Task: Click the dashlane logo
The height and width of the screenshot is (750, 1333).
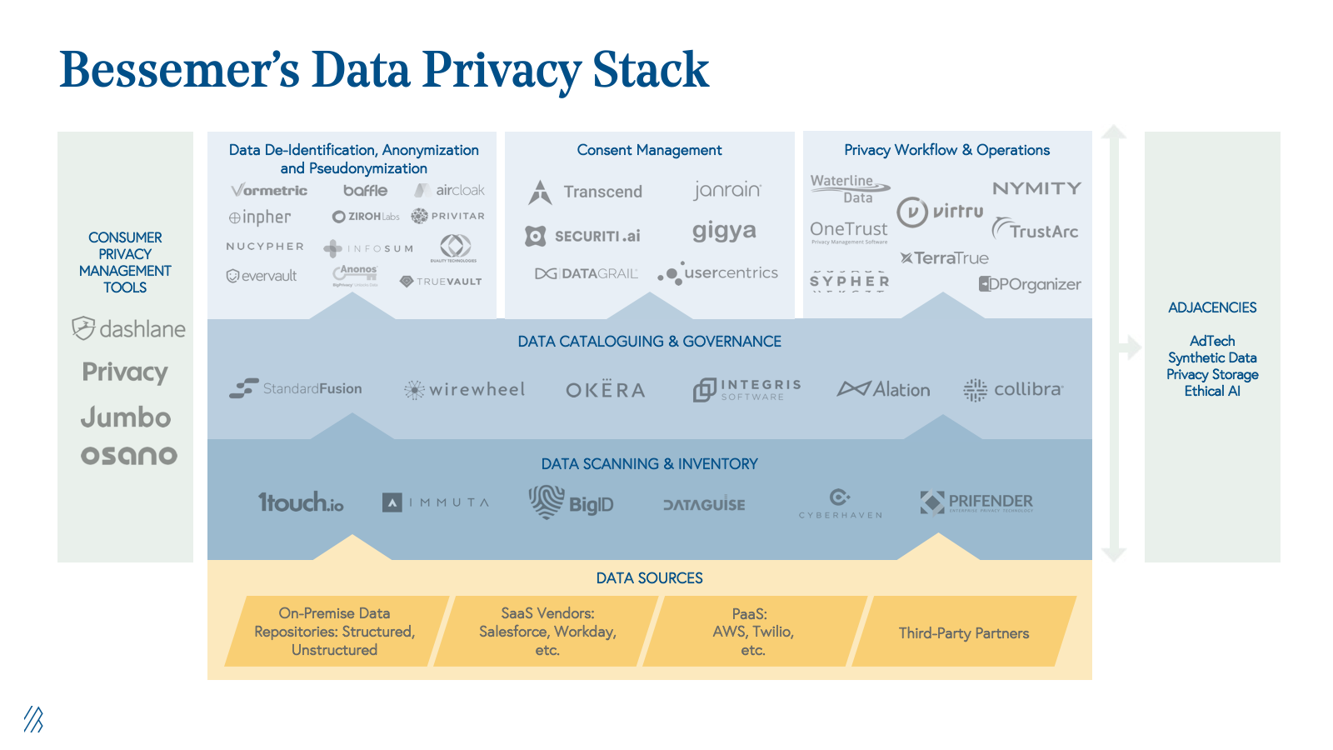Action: [x=129, y=329]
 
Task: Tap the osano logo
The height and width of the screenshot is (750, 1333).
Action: [x=129, y=455]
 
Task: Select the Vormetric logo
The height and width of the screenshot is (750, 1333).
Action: [x=269, y=191]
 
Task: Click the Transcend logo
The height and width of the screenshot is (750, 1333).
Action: [x=586, y=192]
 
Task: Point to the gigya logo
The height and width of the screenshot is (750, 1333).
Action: [x=724, y=231]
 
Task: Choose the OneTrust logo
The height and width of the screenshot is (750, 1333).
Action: [x=849, y=230]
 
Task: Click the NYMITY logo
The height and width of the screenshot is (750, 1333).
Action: [x=1036, y=188]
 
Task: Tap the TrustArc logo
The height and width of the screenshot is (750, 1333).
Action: [x=1035, y=230]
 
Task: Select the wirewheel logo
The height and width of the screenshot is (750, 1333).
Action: [x=465, y=389]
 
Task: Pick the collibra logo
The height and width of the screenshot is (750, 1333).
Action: [x=1013, y=389]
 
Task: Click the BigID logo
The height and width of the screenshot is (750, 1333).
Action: [x=572, y=502]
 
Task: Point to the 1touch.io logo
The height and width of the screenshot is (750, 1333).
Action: [x=301, y=502]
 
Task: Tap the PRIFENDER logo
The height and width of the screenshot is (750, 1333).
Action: [x=976, y=502]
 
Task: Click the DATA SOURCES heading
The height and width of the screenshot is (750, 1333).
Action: [x=649, y=577]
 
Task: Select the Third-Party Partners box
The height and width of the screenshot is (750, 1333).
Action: [x=963, y=632]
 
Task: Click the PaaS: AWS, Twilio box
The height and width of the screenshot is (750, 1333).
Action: [x=752, y=632]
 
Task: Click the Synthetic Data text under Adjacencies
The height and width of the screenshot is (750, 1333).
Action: [x=1211, y=357]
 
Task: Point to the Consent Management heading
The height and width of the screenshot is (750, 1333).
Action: [x=649, y=150]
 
